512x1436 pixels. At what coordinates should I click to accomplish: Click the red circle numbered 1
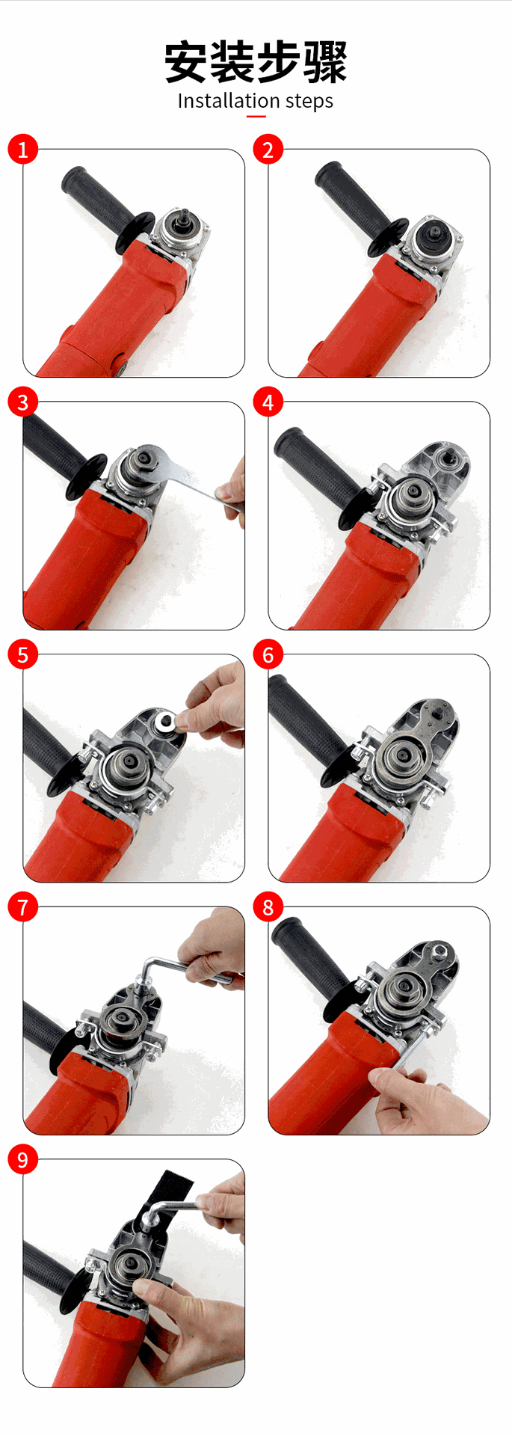coord(22,150)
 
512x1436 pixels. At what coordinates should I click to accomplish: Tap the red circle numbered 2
coord(268,150)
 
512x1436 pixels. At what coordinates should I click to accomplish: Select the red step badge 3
coord(22,402)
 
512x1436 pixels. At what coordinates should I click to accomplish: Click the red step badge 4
coord(268,402)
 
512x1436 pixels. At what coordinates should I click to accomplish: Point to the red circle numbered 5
coord(22,655)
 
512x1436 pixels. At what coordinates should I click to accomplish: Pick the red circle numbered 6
coord(268,655)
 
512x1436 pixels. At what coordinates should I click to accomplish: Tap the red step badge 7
coord(22,907)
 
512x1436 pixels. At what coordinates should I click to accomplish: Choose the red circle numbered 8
coord(268,907)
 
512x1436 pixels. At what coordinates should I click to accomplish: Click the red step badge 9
coord(22,1160)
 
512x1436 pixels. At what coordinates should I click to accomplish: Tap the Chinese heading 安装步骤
coord(256,62)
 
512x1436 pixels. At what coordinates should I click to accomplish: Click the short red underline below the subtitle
coord(256,116)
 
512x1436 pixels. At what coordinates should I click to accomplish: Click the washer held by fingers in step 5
coord(164,721)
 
